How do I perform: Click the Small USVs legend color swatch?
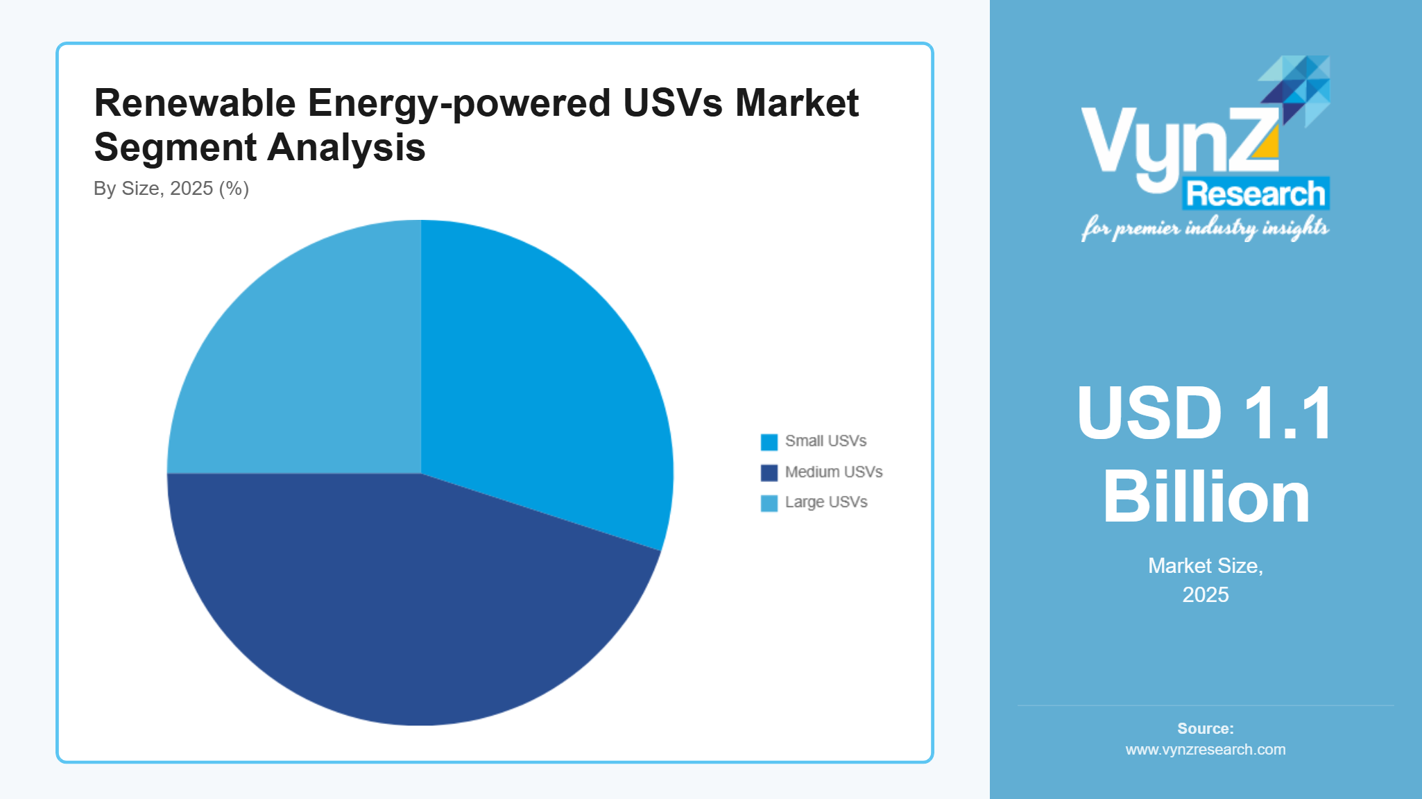[769, 442]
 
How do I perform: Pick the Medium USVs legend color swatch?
[769, 472]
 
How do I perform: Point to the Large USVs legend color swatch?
[769, 503]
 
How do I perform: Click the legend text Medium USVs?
[833, 472]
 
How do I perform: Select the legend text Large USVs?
[825, 502]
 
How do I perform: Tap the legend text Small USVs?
[825, 441]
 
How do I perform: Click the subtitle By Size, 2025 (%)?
[171, 189]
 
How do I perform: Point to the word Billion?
[1206, 497]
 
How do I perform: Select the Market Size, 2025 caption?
[1206, 580]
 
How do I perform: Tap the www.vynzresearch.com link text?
[1206, 750]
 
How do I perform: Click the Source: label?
[1206, 728]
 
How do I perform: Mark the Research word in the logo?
[1256, 194]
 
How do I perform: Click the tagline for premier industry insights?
[1205, 227]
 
